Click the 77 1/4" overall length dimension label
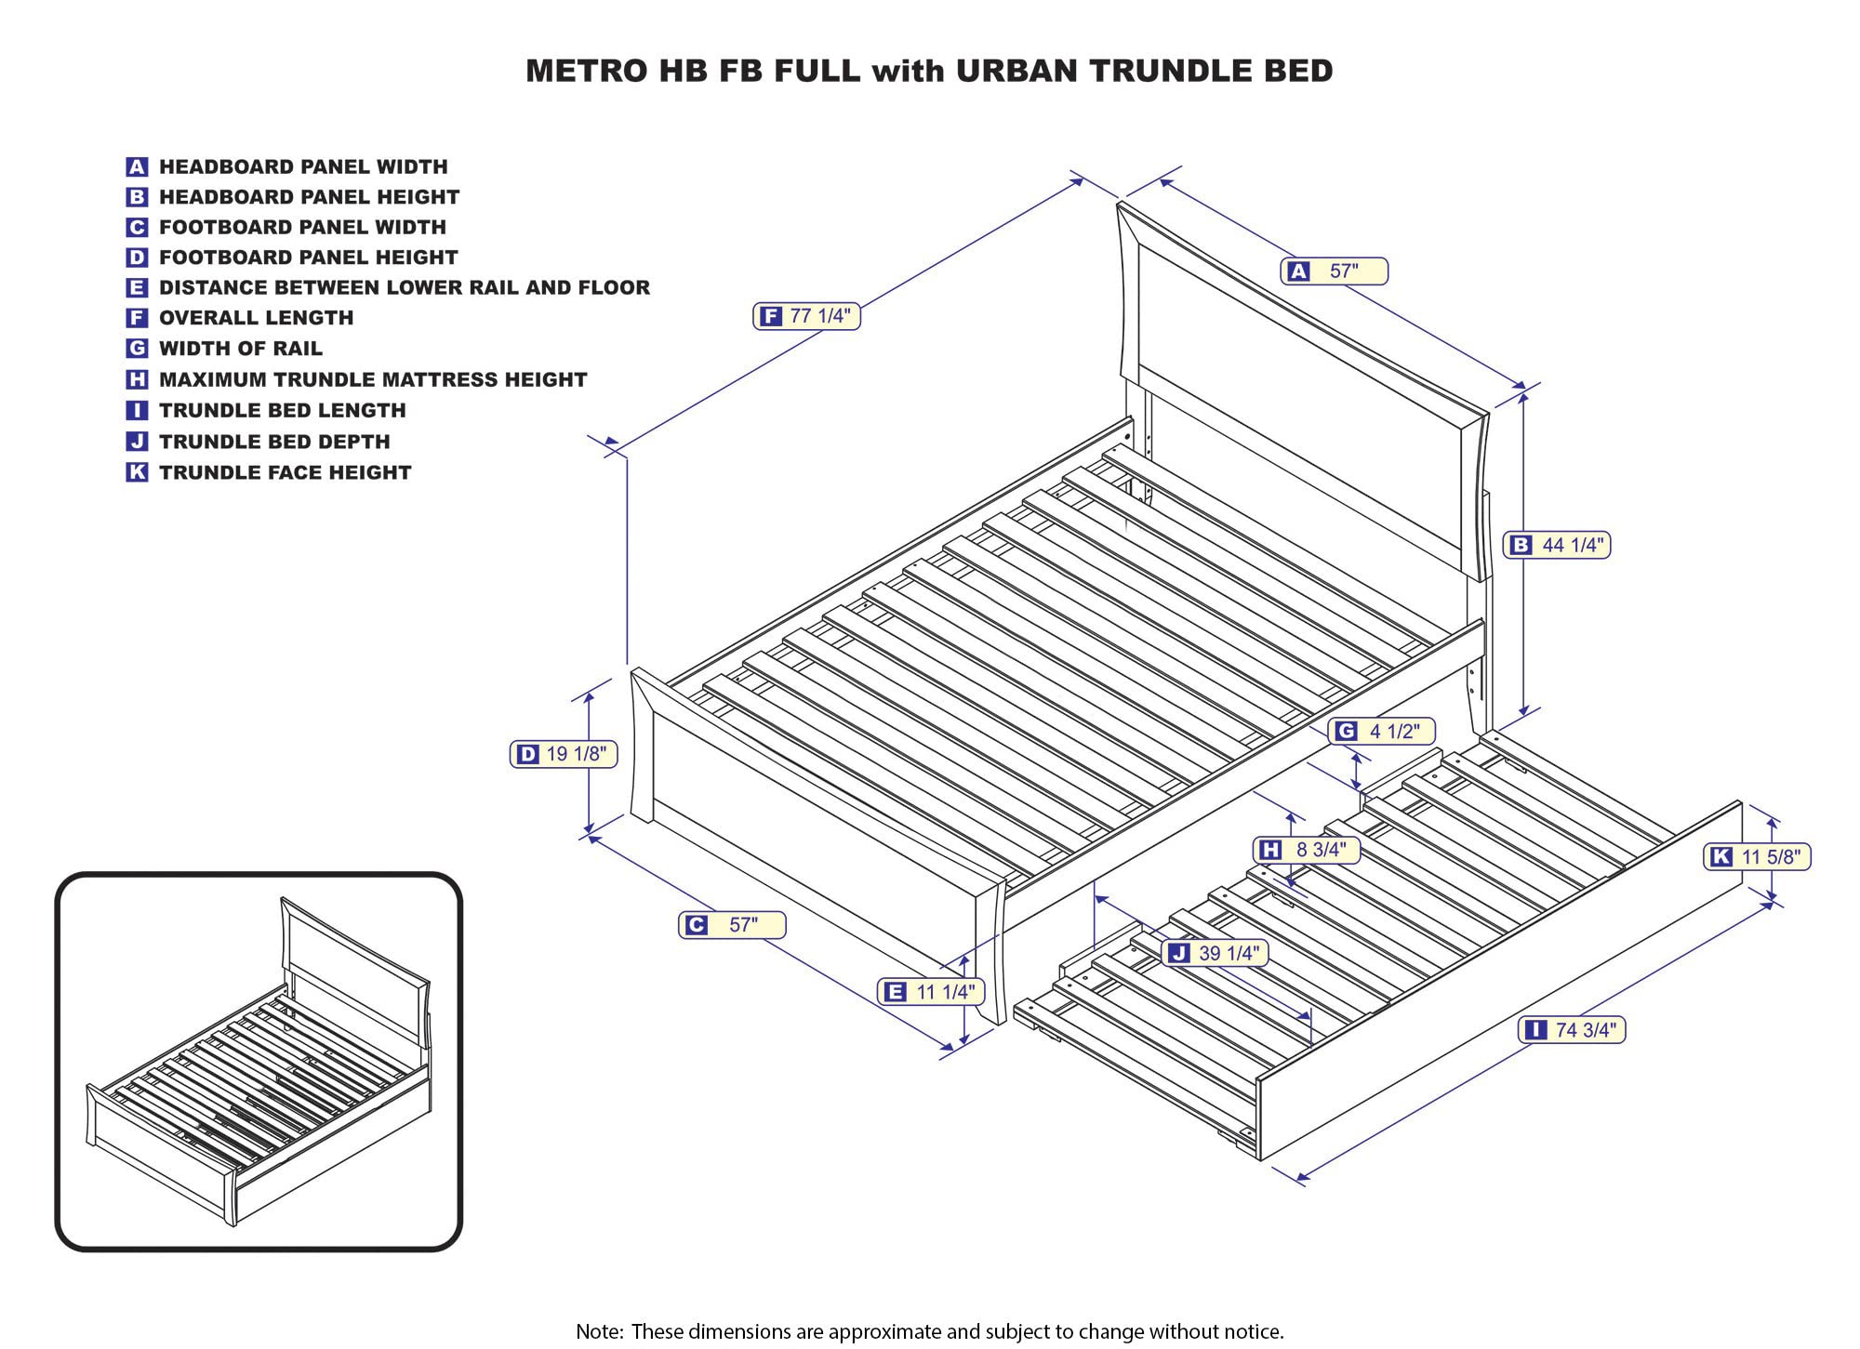click(806, 316)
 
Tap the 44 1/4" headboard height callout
click(1559, 545)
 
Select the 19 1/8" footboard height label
click(564, 754)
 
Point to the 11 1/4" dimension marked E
click(931, 992)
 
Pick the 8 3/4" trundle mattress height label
click(1307, 850)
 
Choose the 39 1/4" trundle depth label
click(1215, 953)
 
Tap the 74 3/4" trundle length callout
click(1572, 1030)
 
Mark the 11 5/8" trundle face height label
click(1757, 856)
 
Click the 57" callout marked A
click(1334, 271)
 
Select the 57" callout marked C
click(732, 925)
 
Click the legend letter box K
click(137, 472)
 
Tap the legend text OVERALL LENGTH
click(256, 318)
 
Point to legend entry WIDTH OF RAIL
click(240, 349)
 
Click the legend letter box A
click(137, 167)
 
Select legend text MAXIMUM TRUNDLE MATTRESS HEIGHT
click(372, 379)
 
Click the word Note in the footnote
click(599, 1331)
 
